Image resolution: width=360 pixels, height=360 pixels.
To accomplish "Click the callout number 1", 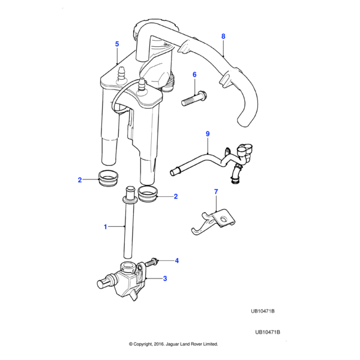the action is point(106,227).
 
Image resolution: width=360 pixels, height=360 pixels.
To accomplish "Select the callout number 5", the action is point(117,44).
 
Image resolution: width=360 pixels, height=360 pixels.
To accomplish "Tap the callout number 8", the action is point(223,36).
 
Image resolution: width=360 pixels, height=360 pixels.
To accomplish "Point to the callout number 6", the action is point(194,74).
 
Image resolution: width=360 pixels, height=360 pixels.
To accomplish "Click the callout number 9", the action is point(208,134).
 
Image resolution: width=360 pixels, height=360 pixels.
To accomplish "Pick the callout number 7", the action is point(216,191).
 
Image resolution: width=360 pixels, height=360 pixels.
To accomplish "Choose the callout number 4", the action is point(177,260).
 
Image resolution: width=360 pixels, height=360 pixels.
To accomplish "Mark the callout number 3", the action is point(165,278).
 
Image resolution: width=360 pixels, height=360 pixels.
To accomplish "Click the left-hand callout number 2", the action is point(80,180).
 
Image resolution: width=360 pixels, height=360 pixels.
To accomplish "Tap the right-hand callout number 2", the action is point(176,196).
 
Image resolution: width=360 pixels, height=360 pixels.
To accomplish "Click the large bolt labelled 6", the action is point(194,98).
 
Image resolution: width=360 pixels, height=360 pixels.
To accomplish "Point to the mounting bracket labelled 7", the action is point(213,222).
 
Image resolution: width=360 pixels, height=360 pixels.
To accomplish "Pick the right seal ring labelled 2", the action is point(148,194).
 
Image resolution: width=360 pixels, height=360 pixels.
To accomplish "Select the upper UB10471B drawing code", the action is point(263,311).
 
